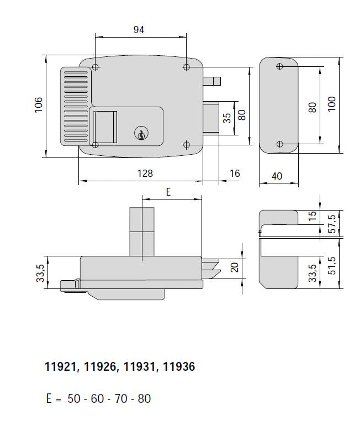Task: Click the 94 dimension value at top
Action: click(139, 30)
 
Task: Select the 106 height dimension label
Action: click(38, 105)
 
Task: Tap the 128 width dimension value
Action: click(145, 174)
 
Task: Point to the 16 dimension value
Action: click(235, 174)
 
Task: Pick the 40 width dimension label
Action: click(277, 176)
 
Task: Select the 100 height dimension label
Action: click(331, 104)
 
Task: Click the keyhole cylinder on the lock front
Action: click(141, 133)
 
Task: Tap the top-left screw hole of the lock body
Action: click(96, 67)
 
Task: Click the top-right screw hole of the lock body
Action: click(186, 67)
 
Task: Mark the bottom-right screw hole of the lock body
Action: click(186, 145)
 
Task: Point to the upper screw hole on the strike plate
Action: click(279, 67)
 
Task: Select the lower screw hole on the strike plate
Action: click(279, 145)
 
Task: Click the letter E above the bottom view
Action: click(168, 192)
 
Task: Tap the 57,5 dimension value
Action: click(331, 223)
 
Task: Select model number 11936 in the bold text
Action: click(179, 367)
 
